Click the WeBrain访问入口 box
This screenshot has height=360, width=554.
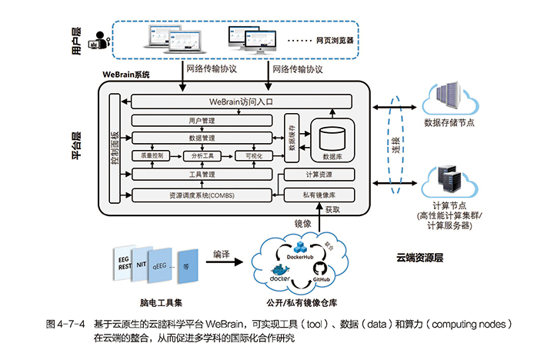point(242,102)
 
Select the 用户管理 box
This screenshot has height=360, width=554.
point(202,120)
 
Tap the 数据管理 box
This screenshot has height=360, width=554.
point(202,138)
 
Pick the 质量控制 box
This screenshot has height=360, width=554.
point(152,156)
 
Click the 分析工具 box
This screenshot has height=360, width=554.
point(202,156)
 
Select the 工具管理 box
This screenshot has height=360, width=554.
point(202,175)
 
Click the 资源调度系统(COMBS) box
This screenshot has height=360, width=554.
point(202,195)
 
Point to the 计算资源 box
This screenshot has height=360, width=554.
point(318,175)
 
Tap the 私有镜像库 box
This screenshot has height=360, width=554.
point(318,195)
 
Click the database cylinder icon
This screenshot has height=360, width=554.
point(332,138)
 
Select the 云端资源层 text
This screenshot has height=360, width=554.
point(420,258)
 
